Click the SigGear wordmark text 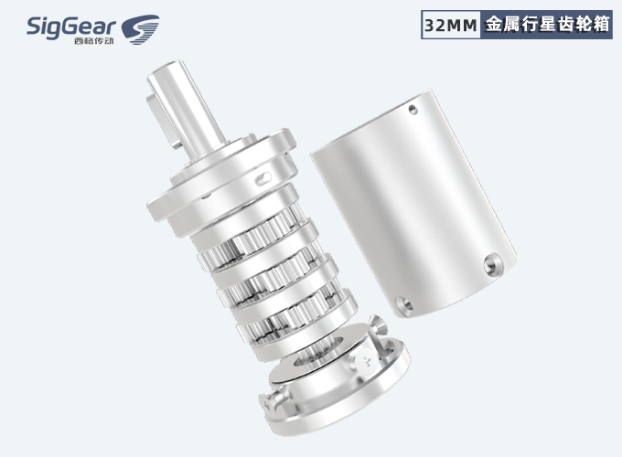(71, 27)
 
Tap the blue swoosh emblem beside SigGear (140, 29)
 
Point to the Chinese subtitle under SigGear (93, 41)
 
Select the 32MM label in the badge (450, 26)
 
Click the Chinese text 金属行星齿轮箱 (547, 25)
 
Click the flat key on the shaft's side (162, 119)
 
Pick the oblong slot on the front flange (263, 179)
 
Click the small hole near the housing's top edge (413, 110)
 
